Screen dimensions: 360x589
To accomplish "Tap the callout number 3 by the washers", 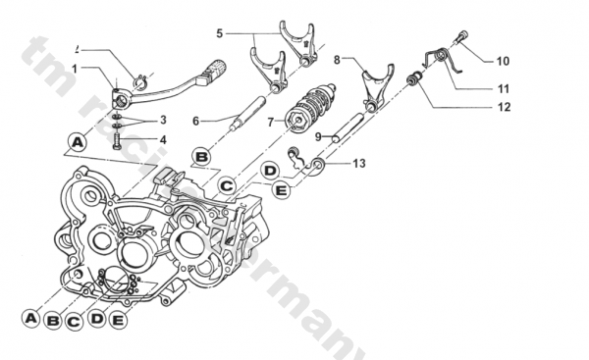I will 163,120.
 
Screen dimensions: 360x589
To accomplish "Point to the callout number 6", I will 196,121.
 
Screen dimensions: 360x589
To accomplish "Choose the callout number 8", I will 336,60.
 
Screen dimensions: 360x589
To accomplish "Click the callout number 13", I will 358,164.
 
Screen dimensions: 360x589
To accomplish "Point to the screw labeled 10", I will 462,38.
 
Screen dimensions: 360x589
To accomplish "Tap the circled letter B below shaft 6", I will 200,155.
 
